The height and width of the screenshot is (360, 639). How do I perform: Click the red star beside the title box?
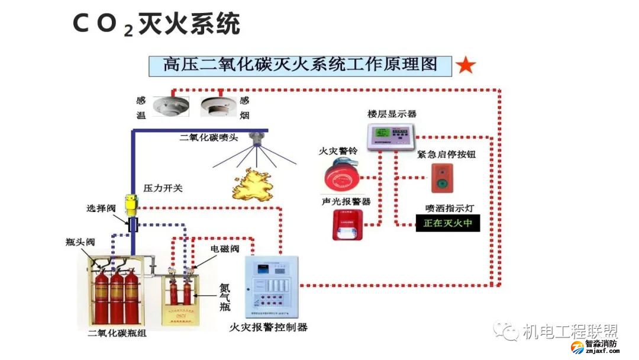466,66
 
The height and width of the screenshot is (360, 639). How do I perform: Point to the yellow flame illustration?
256,183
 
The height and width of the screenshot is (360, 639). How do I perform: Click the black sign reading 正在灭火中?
447,223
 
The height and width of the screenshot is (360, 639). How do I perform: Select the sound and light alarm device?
346,225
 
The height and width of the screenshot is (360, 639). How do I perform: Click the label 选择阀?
99,209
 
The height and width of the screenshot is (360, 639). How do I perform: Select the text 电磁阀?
225,249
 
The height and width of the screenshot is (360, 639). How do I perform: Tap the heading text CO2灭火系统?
156,24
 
